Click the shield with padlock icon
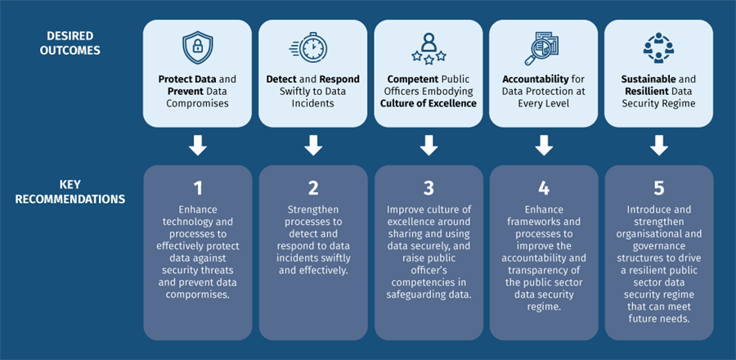(197, 48)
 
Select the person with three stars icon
(428, 48)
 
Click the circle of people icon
(658, 48)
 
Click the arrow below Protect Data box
(197, 146)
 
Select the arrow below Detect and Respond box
(312, 146)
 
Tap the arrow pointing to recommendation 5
(658, 146)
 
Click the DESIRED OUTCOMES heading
(70, 43)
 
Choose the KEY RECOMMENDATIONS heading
(70, 191)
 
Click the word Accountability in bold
(532, 79)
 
